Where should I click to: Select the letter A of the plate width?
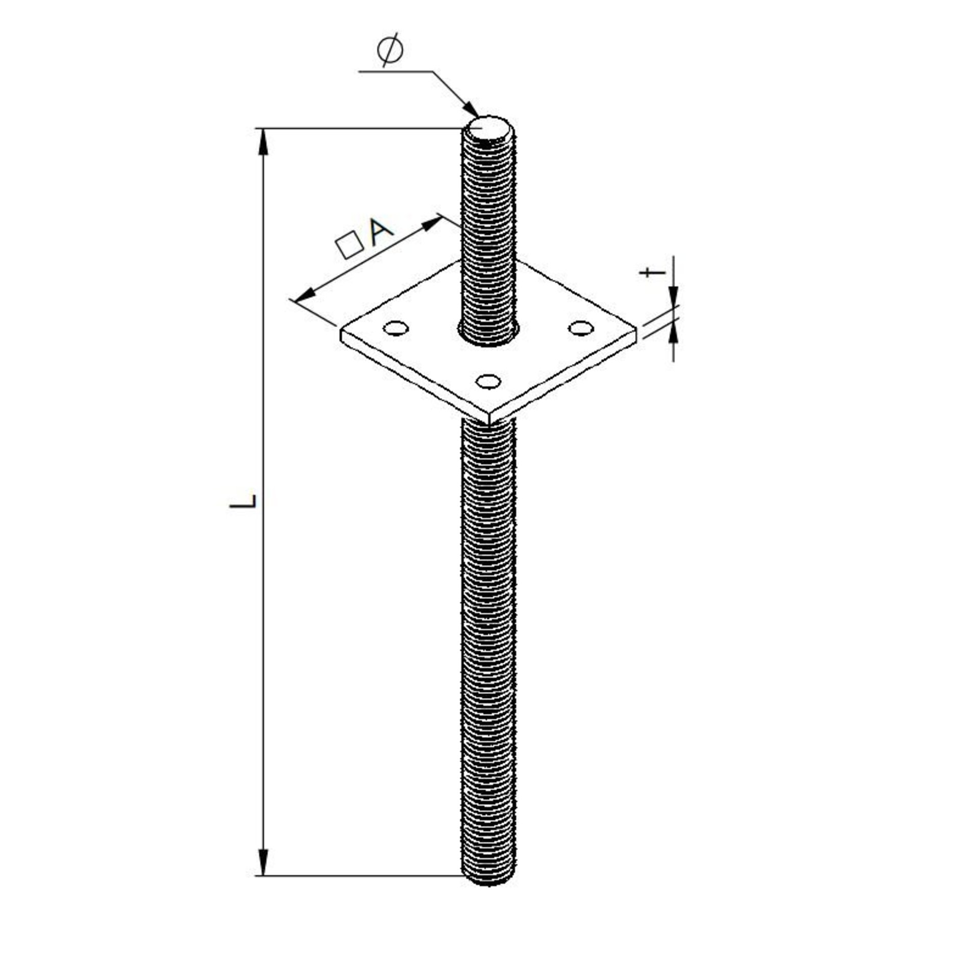[x=381, y=232]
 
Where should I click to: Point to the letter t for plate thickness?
[x=652, y=272]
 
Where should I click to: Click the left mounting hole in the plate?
[x=396, y=328]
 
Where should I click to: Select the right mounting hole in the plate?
[x=581, y=328]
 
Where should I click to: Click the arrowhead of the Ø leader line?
[x=471, y=110]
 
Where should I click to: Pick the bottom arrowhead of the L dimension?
[x=263, y=863]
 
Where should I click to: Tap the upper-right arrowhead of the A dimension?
[x=433, y=223]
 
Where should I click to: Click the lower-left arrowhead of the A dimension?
[x=305, y=296]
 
